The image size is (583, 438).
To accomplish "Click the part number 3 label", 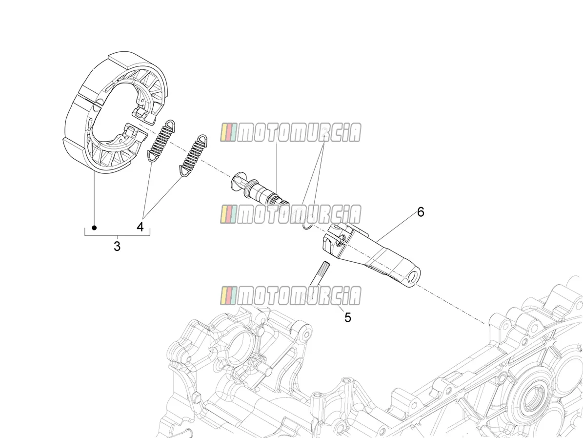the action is [x=117, y=247].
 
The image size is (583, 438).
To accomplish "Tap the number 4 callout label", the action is [x=140, y=227].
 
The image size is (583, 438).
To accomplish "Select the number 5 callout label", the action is [x=348, y=317].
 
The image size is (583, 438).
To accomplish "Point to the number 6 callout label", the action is [x=421, y=212].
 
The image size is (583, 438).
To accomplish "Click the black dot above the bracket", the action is [x=95, y=228].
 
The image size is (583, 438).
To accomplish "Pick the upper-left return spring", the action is [x=161, y=141].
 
